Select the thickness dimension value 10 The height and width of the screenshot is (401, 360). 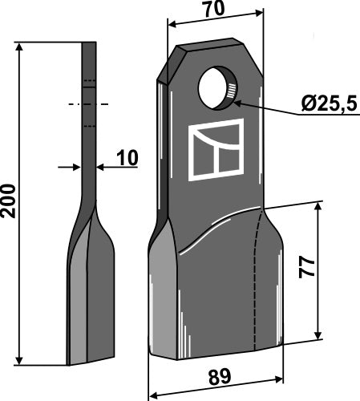[x=126, y=159]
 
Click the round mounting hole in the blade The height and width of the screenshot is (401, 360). [x=219, y=88]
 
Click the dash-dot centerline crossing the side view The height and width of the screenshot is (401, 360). [x=89, y=103]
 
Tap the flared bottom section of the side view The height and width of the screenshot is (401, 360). [x=90, y=273]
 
